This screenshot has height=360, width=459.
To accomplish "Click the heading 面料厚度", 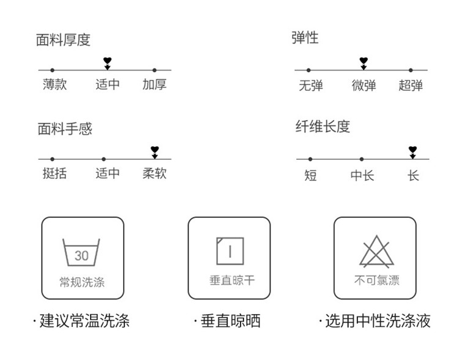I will tap(63, 40).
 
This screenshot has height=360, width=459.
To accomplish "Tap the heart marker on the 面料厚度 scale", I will tap(107, 61).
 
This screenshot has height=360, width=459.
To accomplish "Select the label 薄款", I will tap(54, 84).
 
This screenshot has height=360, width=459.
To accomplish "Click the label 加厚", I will tap(154, 84).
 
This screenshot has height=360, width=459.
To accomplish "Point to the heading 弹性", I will tap(305, 38).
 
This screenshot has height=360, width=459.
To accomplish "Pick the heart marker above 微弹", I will tap(364, 61).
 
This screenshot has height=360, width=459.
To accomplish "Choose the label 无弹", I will tap(311, 86).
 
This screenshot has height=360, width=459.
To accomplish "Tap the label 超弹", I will tap(411, 86).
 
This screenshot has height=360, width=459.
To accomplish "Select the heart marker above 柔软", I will tap(155, 149).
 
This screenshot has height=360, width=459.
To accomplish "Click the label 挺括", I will tap(54, 173).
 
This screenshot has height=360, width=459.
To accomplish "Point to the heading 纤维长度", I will tap(323, 127).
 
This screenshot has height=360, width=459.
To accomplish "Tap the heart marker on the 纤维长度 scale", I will tap(412, 149).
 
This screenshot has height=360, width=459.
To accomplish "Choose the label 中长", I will tap(362, 176).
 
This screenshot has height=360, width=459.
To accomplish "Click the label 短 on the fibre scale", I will tap(311, 176).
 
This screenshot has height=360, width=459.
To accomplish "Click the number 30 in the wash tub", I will tap(81, 256).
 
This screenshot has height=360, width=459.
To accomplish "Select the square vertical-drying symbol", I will tap(229, 251).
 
